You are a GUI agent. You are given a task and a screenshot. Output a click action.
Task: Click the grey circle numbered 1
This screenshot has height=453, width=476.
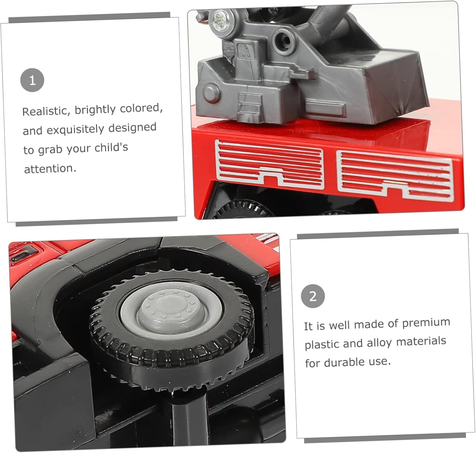point(32,80)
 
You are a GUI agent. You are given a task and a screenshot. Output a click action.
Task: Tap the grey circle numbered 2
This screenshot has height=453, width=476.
point(313,296)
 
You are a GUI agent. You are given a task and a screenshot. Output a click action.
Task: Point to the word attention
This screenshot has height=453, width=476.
point(50,168)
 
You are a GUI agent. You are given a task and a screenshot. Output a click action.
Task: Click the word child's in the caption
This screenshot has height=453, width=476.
point(111,148)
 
